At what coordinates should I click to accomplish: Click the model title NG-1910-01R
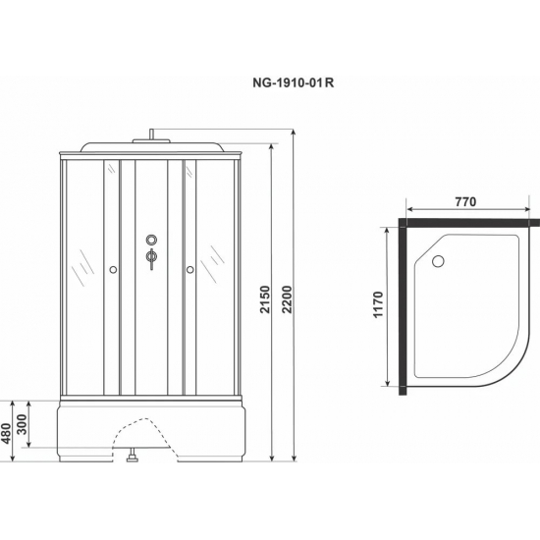294,83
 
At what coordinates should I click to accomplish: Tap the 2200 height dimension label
287,299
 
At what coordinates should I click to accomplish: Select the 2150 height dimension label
265,299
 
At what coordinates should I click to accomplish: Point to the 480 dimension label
7,434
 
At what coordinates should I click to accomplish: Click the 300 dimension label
22,424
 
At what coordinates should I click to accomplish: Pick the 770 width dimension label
465,202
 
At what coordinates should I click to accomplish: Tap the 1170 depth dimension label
378,304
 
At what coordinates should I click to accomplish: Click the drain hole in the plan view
438,261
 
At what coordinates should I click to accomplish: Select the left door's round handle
113,270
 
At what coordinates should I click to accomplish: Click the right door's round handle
190,270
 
